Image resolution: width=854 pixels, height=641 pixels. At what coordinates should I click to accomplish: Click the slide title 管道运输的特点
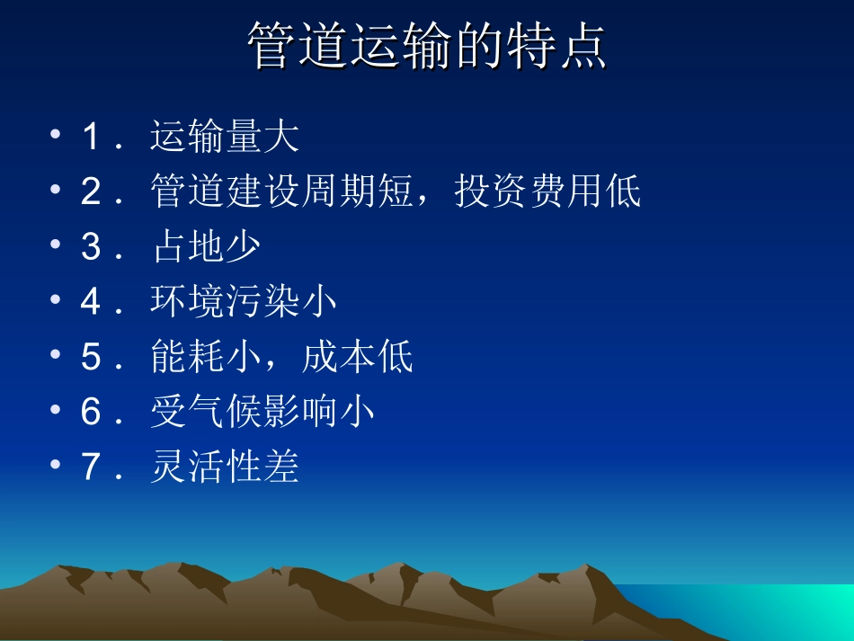pos(427,48)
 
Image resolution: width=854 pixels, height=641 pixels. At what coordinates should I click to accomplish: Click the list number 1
pos(92,138)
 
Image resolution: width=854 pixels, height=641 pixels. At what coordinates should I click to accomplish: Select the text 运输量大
pos(225,138)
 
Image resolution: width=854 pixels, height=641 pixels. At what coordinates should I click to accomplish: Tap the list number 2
pos(92,192)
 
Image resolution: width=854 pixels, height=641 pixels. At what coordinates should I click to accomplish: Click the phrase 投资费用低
pos(548,192)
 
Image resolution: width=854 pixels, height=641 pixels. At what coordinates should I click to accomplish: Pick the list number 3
pos(92,247)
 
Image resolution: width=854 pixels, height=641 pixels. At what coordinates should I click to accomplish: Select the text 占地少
pos(206,247)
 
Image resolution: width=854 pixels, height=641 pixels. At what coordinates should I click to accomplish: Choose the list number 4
pos(92,302)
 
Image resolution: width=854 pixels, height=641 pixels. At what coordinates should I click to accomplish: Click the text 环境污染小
pos(244,302)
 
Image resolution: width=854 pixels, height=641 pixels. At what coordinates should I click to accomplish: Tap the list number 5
pos(92,358)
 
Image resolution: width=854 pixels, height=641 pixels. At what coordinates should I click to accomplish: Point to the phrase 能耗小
pos(206,358)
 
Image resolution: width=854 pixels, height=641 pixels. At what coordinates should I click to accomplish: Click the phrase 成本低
pos(358,358)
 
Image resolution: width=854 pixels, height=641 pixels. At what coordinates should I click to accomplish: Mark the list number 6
pos(92,413)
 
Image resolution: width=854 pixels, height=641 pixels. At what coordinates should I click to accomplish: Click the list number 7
pos(92,467)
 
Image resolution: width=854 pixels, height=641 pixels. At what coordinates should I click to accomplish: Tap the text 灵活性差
pos(225,467)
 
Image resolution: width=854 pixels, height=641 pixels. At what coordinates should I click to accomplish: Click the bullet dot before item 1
pos(58,138)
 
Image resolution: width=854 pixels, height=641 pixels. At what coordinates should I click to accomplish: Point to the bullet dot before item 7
pos(58,467)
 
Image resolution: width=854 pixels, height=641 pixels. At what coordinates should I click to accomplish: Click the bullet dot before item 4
pos(58,302)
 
